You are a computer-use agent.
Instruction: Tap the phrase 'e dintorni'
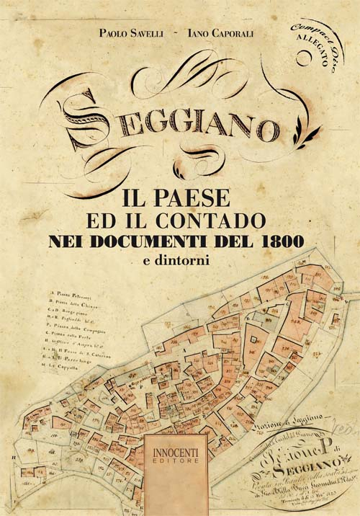176,261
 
